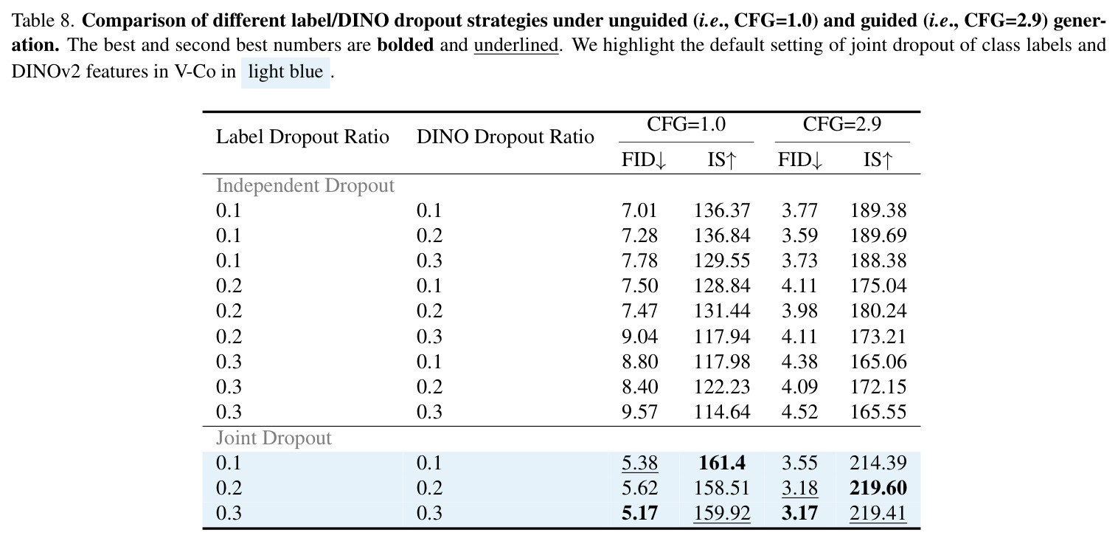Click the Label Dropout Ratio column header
(x=302, y=137)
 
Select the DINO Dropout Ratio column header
(x=505, y=137)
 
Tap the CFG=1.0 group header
(x=687, y=124)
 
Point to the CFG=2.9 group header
(x=842, y=124)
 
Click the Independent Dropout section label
(x=305, y=186)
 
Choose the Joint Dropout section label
(x=274, y=438)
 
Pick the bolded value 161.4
(x=722, y=463)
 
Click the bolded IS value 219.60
(x=878, y=488)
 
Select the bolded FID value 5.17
(x=639, y=513)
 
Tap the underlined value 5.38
(x=639, y=463)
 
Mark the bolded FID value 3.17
(x=799, y=513)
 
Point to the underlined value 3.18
(x=799, y=488)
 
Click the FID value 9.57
(x=639, y=412)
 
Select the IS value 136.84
(x=722, y=235)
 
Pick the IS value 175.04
(x=878, y=286)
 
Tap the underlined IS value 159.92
(x=722, y=513)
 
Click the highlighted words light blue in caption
(x=285, y=72)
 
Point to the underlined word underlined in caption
(x=516, y=46)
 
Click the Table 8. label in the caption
(x=44, y=21)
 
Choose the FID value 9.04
(x=639, y=337)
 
